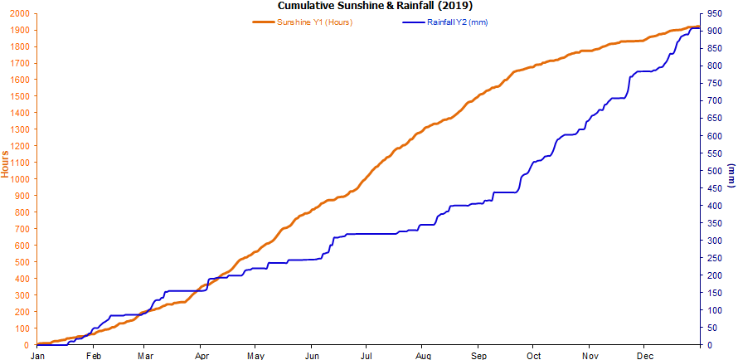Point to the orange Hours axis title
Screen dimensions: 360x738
(x=6, y=163)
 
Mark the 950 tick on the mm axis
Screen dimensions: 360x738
(x=712, y=14)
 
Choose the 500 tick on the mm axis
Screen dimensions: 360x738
(x=712, y=171)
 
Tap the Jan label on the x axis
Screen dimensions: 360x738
(x=37, y=355)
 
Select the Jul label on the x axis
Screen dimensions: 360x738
(x=366, y=355)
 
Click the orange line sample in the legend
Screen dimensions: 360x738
(x=265, y=22)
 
